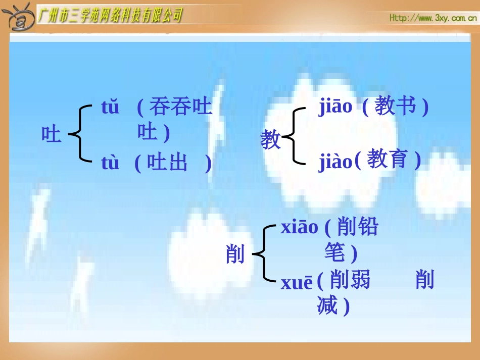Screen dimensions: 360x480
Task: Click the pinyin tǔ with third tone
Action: (110, 108)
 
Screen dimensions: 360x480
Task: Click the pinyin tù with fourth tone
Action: (110, 163)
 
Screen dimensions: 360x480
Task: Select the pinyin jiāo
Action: (335, 107)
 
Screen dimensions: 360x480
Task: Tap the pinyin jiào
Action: (335, 162)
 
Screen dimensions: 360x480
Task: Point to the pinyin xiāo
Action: (300, 228)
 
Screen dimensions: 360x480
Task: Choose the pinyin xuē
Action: (297, 283)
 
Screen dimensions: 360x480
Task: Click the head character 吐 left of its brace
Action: (51, 135)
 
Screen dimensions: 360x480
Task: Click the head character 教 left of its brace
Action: (270, 139)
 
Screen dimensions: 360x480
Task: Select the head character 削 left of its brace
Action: (235, 254)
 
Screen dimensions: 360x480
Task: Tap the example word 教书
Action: (396, 107)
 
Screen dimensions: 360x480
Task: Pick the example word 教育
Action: (387, 160)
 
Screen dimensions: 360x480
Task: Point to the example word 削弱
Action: (350, 280)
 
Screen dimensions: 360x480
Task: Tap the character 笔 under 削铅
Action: (334, 252)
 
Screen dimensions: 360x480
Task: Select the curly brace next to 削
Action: (263, 253)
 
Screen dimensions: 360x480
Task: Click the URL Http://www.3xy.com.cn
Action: (433, 18)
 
